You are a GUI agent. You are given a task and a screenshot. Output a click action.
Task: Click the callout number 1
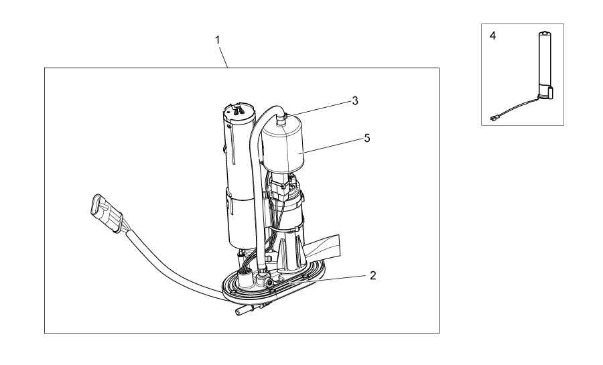click(217, 40)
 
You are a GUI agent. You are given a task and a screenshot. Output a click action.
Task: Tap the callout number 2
click(373, 275)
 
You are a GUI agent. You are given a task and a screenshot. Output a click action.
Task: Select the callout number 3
click(355, 100)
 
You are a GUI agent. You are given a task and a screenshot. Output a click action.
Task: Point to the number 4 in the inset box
click(492, 35)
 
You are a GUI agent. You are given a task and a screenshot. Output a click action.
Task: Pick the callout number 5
click(367, 138)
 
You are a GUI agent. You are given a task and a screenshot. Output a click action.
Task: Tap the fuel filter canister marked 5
click(282, 148)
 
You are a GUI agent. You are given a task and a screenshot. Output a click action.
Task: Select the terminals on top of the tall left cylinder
click(239, 110)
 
